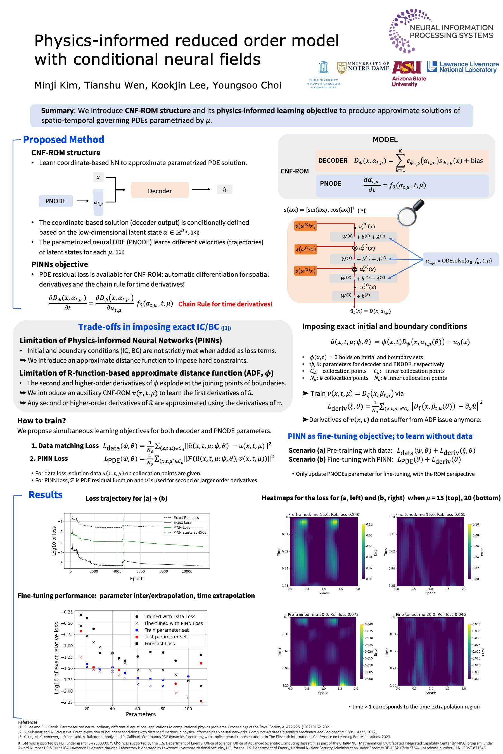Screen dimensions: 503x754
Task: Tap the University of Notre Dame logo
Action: [x=363, y=67]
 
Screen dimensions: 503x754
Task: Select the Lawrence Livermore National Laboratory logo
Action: [x=462, y=67]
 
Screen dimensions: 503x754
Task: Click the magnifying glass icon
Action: [x=410, y=213]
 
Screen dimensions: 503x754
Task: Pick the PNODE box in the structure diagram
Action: [x=56, y=201]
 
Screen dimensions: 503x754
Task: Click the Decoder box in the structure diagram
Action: [x=160, y=190]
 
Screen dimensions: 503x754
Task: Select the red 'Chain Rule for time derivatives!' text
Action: [x=225, y=304]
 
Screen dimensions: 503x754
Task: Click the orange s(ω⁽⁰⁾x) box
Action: [x=305, y=226]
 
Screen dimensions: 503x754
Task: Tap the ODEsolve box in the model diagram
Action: [x=461, y=260]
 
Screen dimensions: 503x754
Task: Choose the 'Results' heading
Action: [x=46, y=495]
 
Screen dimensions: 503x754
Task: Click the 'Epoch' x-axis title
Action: [x=137, y=579]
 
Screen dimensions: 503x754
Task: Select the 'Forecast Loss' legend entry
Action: [x=160, y=643]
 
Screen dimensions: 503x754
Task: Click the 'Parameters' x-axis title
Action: [x=141, y=714]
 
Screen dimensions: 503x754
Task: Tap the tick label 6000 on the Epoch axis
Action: [x=141, y=571]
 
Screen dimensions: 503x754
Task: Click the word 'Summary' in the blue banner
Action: [x=57, y=111]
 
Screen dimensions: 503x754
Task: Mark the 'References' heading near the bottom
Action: [x=28, y=722]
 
